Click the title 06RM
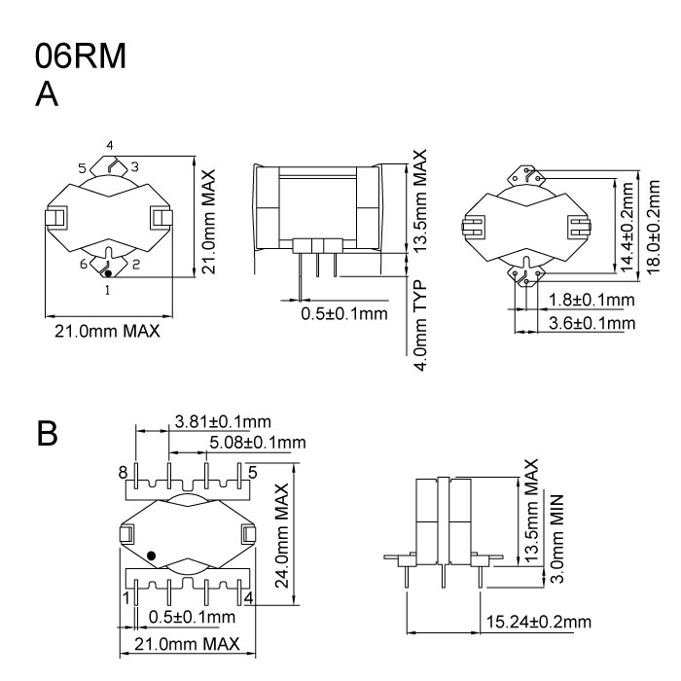coord(80,56)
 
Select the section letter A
coord(48,95)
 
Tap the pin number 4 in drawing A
coord(110,146)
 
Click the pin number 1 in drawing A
coord(107,289)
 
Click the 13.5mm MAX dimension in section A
coord(420,202)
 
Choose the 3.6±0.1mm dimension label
coord(591,322)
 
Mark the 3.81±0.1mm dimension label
coord(222,421)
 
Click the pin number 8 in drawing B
coord(123,473)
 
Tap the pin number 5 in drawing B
coord(252,473)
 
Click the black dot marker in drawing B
coord(151,556)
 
